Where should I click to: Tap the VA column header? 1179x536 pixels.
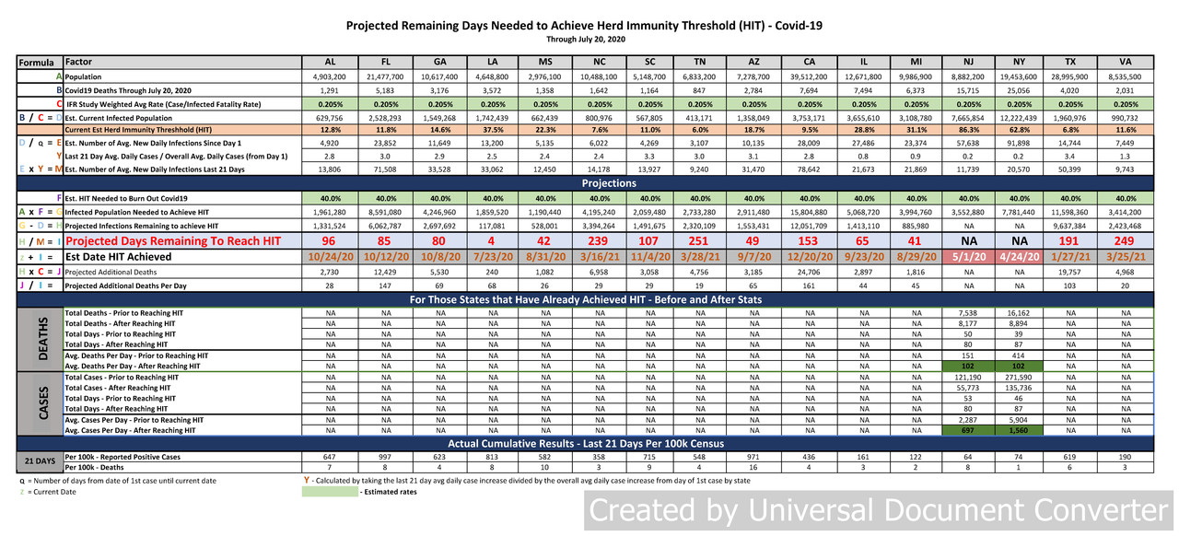pyautogui.click(x=1126, y=62)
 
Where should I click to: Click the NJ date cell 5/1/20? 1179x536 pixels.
pyautogui.click(x=966, y=257)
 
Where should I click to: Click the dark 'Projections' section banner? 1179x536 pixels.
pyautogui.click(x=609, y=183)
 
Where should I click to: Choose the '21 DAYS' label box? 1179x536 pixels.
pyautogui.click(x=41, y=461)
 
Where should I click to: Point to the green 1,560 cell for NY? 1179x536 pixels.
pyautogui.click(x=1020, y=430)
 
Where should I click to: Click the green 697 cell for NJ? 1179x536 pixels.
pyautogui.click(x=966, y=430)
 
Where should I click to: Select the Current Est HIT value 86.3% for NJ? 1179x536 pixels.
pyautogui.click(x=966, y=130)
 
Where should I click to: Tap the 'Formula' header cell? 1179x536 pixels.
pyautogui.click(x=38, y=63)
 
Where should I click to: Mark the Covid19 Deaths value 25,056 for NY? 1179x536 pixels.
pyautogui.click(x=1020, y=90)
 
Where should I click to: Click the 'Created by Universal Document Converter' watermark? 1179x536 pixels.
pyautogui.click(x=879, y=510)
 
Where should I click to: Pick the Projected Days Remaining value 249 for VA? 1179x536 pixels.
pyautogui.click(x=1126, y=240)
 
